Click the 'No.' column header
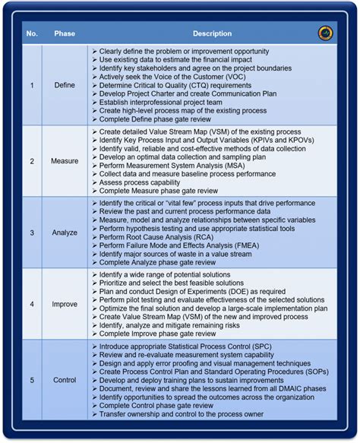[32, 34]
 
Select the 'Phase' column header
[65, 34]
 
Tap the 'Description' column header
[212, 34]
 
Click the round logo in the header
[325, 33]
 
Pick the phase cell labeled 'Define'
[65, 85]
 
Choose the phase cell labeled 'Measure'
[65, 161]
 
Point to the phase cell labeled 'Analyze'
[65, 233]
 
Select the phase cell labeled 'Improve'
[65, 304]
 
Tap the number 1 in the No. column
[32, 85]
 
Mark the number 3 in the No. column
[32, 233]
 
